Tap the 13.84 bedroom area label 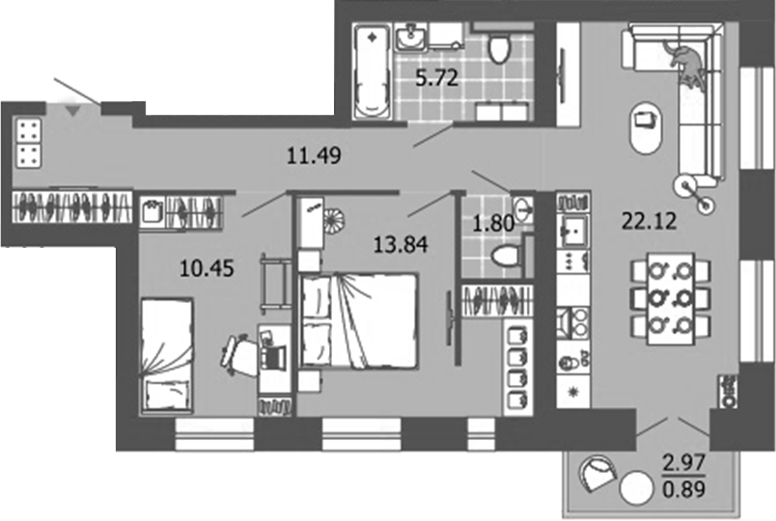pos(401,243)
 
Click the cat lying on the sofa pos(686,63)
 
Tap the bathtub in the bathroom pos(370,72)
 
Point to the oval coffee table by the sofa pos(644,124)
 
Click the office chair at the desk pos(237,352)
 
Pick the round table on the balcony pos(635,488)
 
